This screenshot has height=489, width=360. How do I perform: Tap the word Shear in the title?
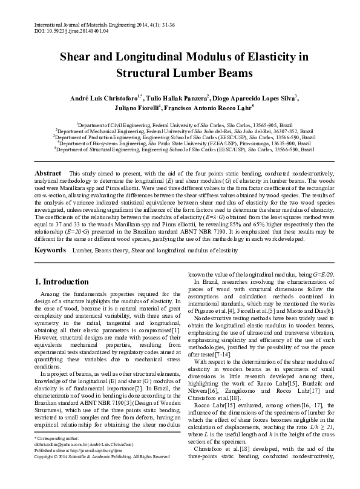click(x=76, y=58)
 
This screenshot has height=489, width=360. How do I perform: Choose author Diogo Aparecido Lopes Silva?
click(x=255, y=98)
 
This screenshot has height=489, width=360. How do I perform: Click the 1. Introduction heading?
click(x=62, y=282)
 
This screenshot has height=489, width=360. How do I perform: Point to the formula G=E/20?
click(x=321, y=274)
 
